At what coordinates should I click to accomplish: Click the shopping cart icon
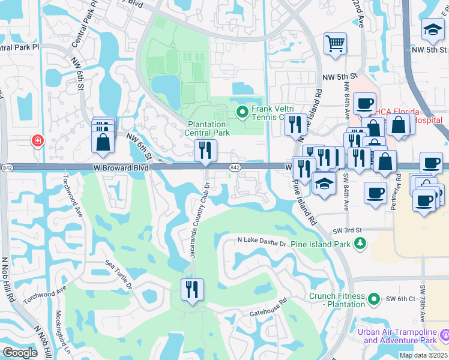[x=335, y=43]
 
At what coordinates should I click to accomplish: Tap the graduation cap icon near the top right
[x=432, y=29]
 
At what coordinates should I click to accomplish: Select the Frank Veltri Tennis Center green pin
[x=243, y=112]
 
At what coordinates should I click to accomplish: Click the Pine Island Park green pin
[x=360, y=244]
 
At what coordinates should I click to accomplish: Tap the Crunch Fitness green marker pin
[x=374, y=298]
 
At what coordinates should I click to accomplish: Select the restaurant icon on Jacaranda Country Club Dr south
[x=192, y=289]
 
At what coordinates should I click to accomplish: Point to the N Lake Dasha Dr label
[x=262, y=240]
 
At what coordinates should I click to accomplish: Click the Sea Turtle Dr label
[x=119, y=275]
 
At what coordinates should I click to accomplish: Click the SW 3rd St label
[x=346, y=230]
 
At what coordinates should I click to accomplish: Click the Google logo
[x=20, y=353]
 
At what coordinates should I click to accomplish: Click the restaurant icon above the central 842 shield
[x=206, y=151]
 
